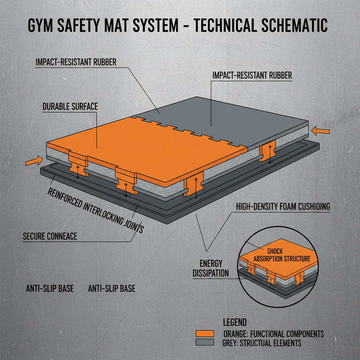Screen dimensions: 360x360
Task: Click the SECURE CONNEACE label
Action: (x=50, y=236)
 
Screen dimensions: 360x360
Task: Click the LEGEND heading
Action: (x=235, y=322)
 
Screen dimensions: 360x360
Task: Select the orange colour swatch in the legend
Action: (x=204, y=334)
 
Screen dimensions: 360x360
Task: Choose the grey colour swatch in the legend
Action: (x=204, y=342)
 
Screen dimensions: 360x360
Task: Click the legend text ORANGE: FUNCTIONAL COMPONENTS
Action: (x=274, y=334)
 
